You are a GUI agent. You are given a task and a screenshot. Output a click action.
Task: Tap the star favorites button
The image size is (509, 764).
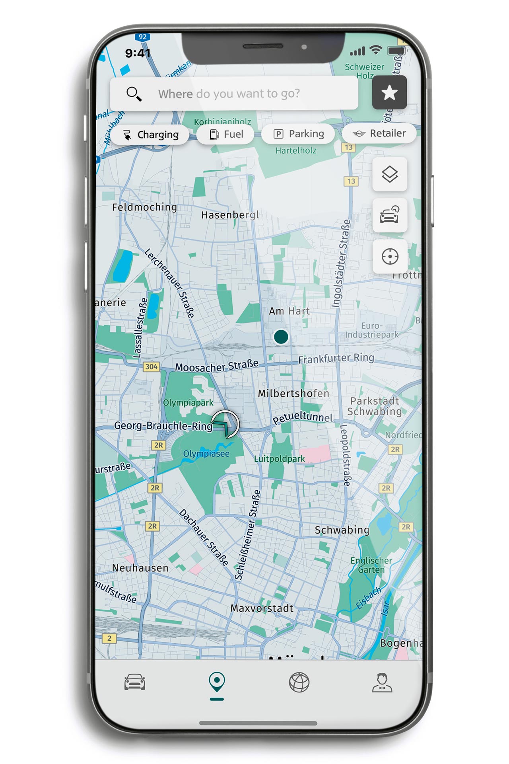[389, 93]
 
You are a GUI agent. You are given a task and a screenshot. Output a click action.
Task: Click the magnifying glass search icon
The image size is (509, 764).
[134, 94]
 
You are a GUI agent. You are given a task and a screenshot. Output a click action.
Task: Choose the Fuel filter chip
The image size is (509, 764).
[226, 134]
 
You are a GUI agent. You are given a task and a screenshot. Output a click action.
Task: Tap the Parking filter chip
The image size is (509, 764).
[299, 134]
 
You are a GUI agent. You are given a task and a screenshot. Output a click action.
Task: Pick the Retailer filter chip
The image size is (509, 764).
[379, 133]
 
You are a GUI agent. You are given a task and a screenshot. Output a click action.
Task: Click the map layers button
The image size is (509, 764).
[390, 174]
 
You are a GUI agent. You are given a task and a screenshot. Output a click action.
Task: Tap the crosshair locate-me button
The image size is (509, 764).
[390, 257]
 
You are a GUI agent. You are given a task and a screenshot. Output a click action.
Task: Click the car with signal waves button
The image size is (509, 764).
[390, 215]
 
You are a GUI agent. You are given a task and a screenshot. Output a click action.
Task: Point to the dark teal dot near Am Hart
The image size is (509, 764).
[281, 337]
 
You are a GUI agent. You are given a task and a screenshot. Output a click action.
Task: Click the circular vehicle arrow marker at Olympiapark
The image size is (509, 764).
[225, 424]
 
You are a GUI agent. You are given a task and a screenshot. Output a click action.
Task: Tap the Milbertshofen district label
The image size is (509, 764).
[293, 394]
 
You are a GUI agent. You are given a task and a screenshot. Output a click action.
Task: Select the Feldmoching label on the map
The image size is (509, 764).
[144, 207]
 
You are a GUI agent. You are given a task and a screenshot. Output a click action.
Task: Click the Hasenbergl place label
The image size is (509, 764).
[230, 215]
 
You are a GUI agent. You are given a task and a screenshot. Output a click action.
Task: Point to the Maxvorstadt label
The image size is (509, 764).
[262, 608]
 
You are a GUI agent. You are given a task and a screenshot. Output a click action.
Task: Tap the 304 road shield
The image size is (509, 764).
[151, 366]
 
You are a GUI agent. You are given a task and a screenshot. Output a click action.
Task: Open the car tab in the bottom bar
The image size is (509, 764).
[135, 682]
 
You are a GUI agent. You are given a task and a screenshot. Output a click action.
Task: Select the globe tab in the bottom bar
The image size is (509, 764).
[299, 682]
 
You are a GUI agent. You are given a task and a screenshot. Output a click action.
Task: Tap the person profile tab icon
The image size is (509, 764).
[382, 682]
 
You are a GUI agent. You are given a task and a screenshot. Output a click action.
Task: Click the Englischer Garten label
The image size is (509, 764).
[371, 565]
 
